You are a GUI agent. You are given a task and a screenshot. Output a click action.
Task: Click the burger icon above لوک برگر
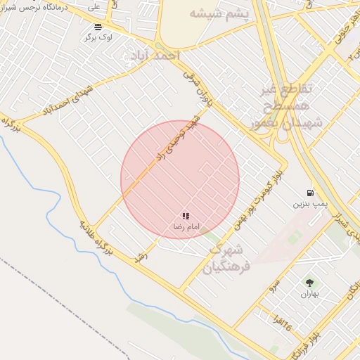97,27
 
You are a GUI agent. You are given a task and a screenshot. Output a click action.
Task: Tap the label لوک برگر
98,37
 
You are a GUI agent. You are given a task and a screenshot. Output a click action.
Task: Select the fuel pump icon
309,193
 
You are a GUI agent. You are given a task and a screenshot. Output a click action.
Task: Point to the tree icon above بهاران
309,283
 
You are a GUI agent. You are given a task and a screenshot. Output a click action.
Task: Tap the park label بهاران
309,294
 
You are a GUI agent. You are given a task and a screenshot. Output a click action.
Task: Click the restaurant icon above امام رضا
186,217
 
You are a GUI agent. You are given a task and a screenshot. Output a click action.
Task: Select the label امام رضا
186,227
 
